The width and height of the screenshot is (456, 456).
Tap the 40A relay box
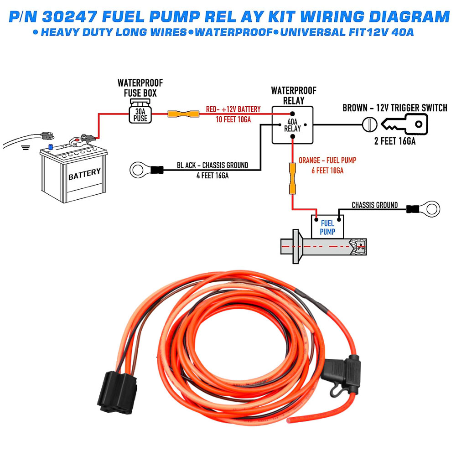click(x=292, y=124)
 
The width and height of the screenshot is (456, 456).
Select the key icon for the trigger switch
click(x=403, y=124)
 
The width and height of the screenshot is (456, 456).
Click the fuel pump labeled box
click(x=327, y=227)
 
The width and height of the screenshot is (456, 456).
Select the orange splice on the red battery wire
click(x=183, y=114)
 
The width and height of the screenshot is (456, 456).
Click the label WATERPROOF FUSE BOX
click(x=140, y=88)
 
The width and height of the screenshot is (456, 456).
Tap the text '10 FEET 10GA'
click(x=233, y=119)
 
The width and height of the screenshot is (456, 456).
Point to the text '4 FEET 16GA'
click(x=212, y=175)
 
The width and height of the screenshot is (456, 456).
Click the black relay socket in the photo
click(x=117, y=389)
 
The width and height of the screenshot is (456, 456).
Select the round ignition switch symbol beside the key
click(x=369, y=124)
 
